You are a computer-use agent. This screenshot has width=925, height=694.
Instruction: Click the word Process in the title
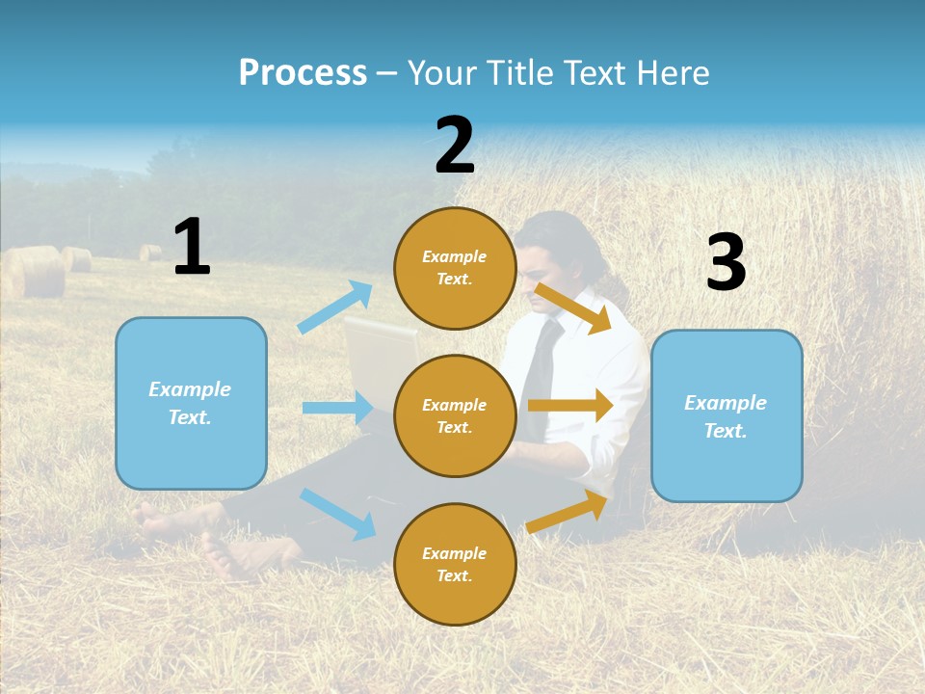303,73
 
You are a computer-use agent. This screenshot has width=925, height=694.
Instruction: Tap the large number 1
192,247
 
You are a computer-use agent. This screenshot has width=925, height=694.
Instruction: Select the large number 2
455,146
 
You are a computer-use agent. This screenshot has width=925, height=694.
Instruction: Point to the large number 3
727,263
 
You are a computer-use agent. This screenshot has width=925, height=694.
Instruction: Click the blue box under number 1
191,403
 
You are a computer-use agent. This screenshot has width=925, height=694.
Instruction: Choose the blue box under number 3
727,416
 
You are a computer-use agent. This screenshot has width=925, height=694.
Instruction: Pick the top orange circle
455,268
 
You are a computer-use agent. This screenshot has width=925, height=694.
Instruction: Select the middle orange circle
455,415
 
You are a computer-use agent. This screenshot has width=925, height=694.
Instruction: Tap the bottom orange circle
455,564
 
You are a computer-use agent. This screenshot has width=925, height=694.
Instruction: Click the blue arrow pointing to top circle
335,307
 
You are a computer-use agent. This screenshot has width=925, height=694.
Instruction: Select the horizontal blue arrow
337,408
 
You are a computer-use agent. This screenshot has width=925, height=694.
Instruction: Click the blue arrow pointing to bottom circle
337,513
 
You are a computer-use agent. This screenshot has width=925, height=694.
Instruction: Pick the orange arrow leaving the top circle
573,307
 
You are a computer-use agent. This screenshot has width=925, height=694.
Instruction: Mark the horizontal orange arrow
570,406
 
